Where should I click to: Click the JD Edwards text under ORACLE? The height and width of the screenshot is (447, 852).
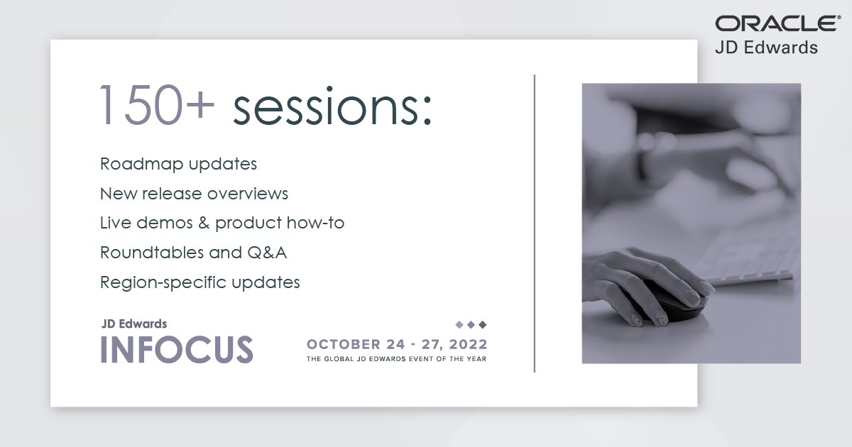click(x=767, y=48)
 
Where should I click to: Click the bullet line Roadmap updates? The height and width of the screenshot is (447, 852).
click(x=178, y=164)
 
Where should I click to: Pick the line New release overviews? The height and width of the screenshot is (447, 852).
click(x=194, y=194)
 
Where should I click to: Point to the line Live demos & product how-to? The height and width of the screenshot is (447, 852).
click(x=222, y=223)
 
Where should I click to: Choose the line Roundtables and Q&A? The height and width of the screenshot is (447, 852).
click(x=193, y=253)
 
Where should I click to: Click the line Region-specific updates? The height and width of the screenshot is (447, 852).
click(x=200, y=282)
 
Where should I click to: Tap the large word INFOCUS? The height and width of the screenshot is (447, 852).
click(x=177, y=350)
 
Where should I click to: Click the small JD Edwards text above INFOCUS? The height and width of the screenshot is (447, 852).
click(x=134, y=324)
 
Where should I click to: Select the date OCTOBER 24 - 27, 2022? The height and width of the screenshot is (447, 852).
click(x=397, y=345)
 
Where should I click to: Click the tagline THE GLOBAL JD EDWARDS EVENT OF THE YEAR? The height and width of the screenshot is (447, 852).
click(x=397, y=359)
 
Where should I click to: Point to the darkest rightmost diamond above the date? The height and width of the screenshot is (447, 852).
click(x=483, y=324)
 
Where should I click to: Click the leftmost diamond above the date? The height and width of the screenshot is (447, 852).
click(x=459, y=324)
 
